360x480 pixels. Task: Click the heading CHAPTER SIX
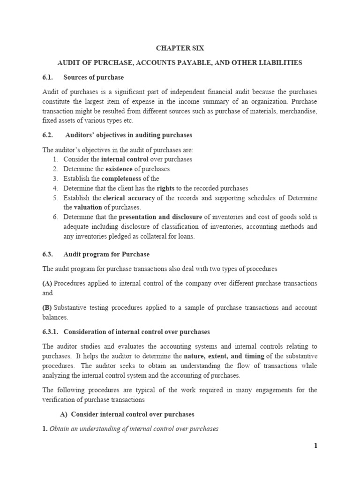click(x=180, y=48)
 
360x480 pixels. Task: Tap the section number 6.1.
click(x=49, y=77)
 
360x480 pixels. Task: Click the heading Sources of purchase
click(x=94, y=77)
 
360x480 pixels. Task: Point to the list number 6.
click(x=55, y=217)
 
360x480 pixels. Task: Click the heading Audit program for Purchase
click(x=106, y=254)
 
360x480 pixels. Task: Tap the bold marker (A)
click(x=47, y=283)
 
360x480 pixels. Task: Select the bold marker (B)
click(x=47, y=307)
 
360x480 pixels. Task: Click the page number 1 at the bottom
click(x=315, y=446)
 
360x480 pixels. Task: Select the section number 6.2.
click(x=49, y=135)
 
